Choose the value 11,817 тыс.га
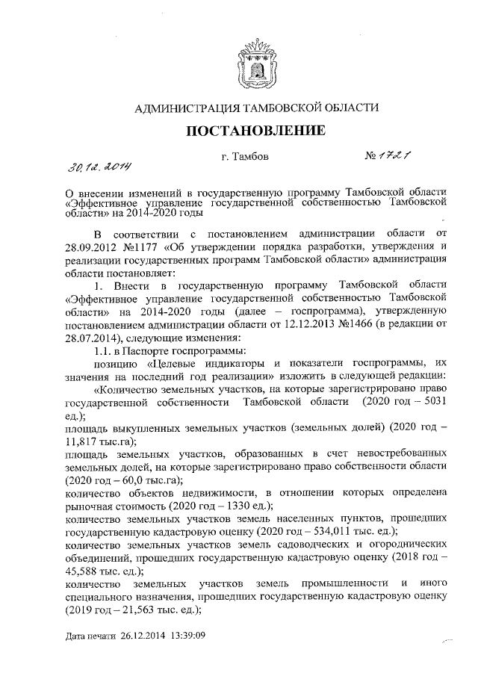(83, 440)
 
